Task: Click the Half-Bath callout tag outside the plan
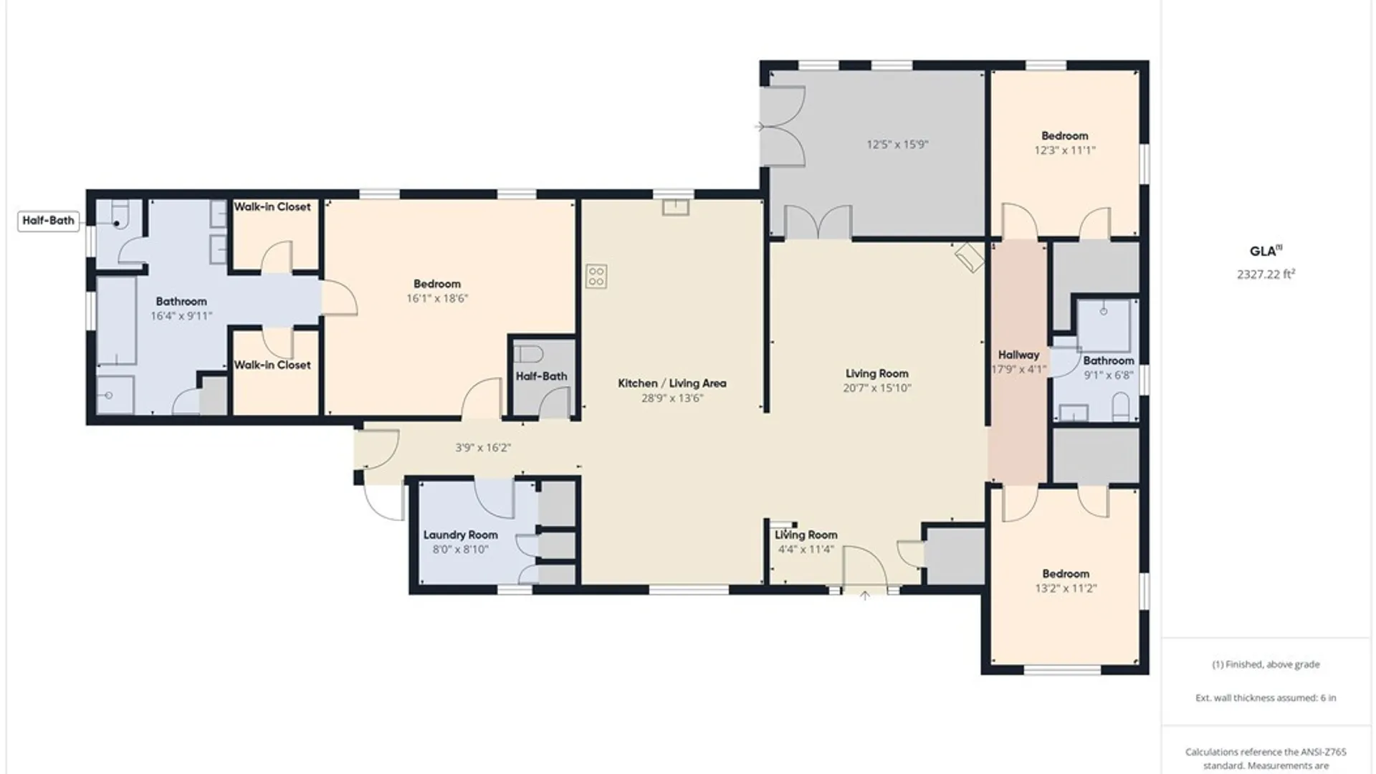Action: coord(48,221)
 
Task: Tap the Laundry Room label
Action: coord(460,535)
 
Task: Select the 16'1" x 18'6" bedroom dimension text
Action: coord(436,298)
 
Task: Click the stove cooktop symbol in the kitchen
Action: coord(596,276)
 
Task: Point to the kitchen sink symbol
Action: coord(675,208)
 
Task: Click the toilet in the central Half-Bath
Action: coord(529,354)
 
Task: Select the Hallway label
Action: coord(1018,355)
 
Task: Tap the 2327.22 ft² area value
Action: coord(1266,274)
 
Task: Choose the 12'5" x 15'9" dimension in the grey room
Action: coord(897,144)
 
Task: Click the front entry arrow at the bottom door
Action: coord(865,596)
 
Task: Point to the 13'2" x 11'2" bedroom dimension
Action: coord(1066,588)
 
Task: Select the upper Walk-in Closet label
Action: coord(272,207)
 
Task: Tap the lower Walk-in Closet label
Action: coord(272,365)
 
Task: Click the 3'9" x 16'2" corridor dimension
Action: coord(483,448)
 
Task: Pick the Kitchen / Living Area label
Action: coord(672,383)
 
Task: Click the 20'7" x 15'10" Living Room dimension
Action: coord(876,388)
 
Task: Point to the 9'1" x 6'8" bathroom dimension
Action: coord(1109,375)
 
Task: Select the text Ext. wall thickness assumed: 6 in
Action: coord(1266,697)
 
